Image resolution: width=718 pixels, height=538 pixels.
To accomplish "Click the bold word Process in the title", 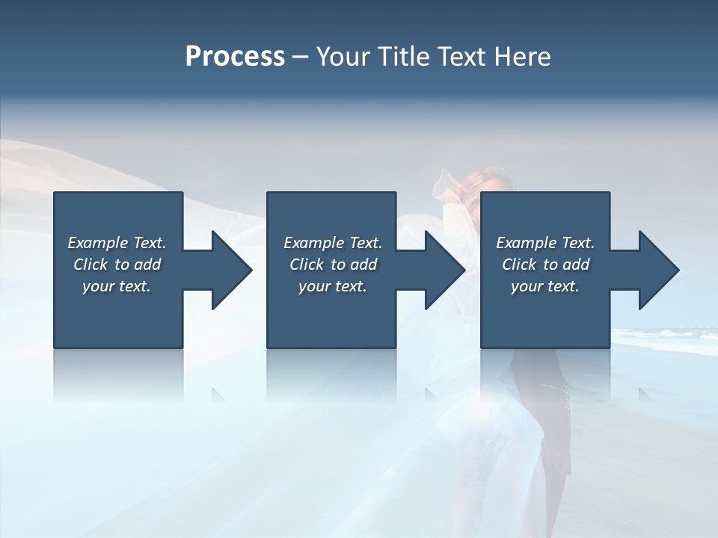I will pyautogui.click(x=235, y=57).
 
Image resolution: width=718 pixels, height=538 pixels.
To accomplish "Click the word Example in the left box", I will pyautogui.click(x=98, y=243).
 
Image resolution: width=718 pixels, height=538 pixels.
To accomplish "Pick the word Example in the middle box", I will pyautogui.click(x=314, y=243).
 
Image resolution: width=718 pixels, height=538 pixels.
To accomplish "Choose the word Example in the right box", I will pyautogui.click(x=527, y=243).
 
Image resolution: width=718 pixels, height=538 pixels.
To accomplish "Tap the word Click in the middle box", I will pyautogui.click(x=307, y=265).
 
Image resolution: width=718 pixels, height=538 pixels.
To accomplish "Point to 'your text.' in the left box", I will pyautogui.click(x=117, y=286).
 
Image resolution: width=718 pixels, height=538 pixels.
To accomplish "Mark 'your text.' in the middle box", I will pyautogui.click(x=332, y=286).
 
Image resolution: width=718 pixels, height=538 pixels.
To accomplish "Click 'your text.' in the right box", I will pyautogui.click(x=545, y=286).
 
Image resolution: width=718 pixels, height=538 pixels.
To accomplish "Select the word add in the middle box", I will pyautogui.click(x=363, y=265).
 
